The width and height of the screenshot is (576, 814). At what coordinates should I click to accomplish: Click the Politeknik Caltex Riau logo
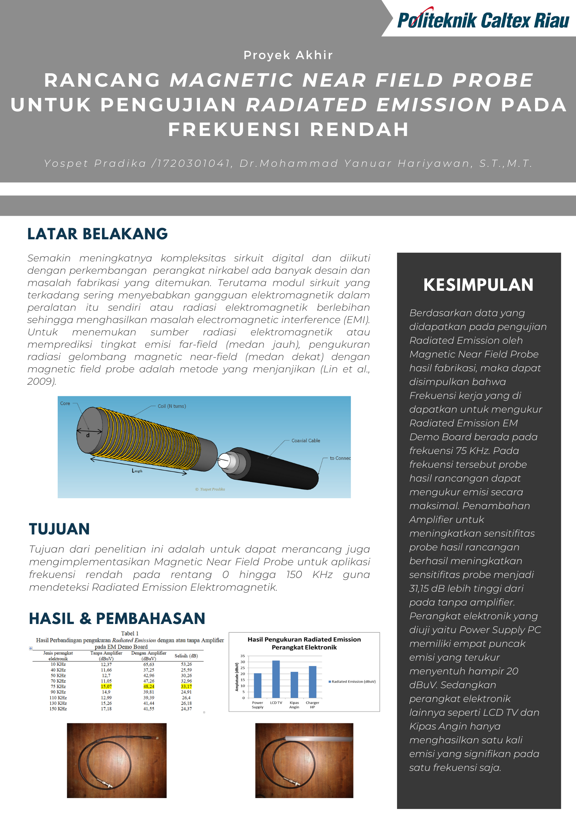(483, 20)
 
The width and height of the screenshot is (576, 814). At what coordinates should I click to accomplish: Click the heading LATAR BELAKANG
(97, 234)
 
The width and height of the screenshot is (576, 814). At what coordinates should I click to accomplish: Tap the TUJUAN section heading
(59, 529)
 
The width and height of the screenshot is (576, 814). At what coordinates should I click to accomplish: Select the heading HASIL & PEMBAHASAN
(117, 619)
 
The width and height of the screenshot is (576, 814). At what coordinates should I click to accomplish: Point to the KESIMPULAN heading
(478, 285)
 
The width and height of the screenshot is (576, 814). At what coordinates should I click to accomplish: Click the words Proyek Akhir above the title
(288, 55)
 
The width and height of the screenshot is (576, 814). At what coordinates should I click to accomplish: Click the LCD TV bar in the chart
(276, 679)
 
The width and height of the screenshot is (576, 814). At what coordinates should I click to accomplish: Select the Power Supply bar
(257, 685)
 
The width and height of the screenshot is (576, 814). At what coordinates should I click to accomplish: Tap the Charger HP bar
(312, 682)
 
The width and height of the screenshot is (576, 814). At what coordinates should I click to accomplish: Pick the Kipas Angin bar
(294, 685)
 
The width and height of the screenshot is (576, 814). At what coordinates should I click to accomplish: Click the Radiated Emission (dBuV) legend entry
(352, 682)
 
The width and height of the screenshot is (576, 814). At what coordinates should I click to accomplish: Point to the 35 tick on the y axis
(243, 656)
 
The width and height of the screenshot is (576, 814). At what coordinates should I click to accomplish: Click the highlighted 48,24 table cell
(149, 686)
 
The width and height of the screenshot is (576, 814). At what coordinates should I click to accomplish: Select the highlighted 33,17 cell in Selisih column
(186, 686)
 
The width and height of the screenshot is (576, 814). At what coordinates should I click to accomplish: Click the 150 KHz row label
(58, 708)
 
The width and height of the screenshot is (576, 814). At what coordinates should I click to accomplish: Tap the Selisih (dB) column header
(186, 656)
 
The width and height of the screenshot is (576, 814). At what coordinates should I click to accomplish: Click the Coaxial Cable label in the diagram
(306, 441)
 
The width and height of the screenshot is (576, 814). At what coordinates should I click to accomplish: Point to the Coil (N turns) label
(172, 406)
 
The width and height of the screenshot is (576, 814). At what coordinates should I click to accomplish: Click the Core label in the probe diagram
(65, 403)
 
